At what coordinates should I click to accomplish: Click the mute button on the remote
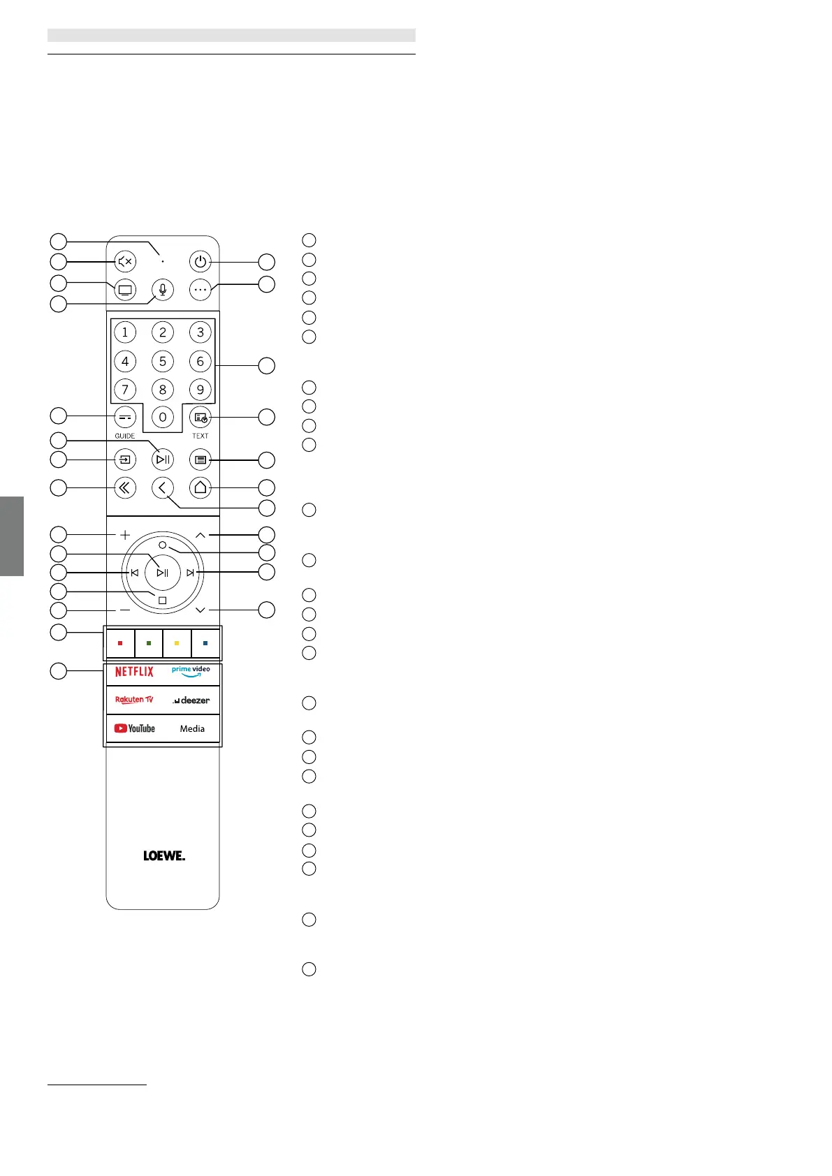[x=125, y=262]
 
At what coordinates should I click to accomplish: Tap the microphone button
[x=163, y=290]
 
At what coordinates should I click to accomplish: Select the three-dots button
[x=200, y=290]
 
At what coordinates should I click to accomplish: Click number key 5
[x=163, y=361]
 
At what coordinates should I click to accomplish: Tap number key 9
[x=200, y=390]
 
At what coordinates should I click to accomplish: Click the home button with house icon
[x=200, y=487]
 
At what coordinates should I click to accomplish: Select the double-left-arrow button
[x=125, y=487]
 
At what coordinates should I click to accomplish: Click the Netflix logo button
[x=134, y=672]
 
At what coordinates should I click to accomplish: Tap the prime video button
[x=191, y=672]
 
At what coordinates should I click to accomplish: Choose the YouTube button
[x=135, y=728]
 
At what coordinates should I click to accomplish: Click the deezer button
[x=191, y=700]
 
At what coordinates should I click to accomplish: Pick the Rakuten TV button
[x=134, y=700]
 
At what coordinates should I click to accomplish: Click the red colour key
[x=120, y=643]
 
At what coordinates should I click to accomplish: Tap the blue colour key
[x=205, y=643]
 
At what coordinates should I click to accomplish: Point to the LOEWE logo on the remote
[x=164, y=855]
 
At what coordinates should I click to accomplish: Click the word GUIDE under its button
[x=125, y=436]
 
